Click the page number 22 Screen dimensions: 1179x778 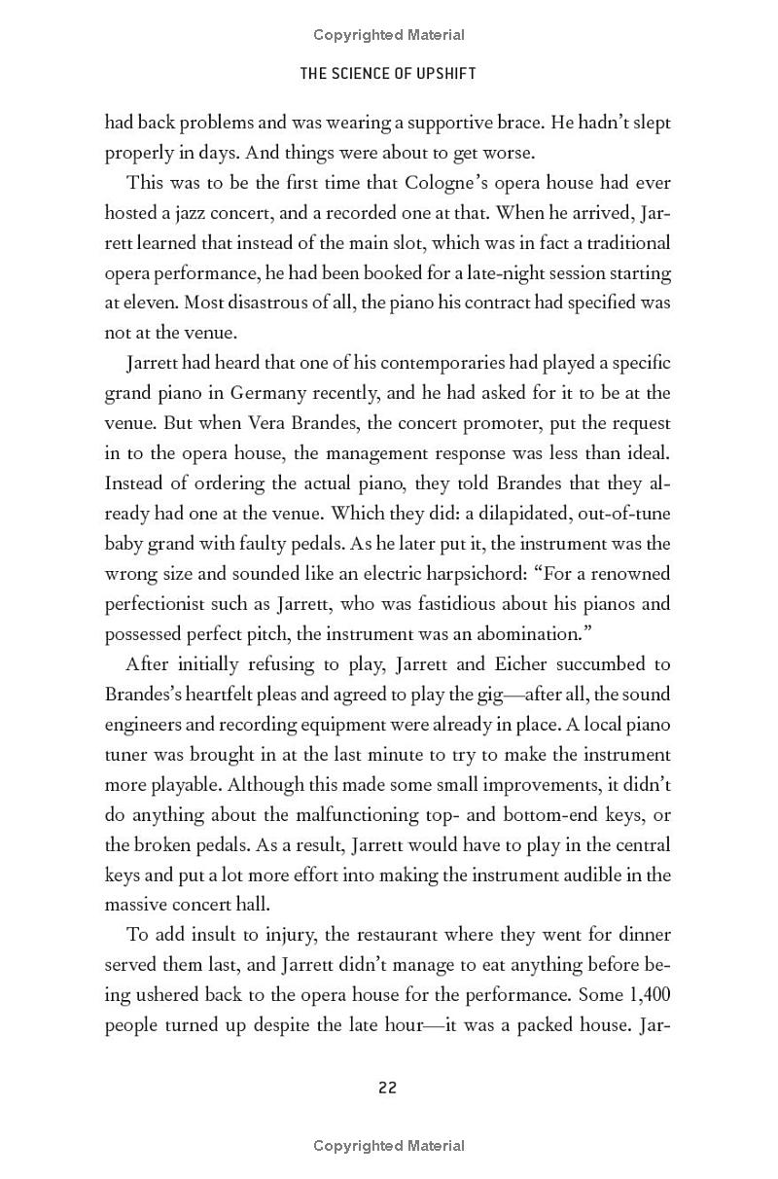coord(387,1088)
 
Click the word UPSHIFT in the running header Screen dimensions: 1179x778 coord(442,73)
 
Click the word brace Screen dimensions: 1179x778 coord(515,123)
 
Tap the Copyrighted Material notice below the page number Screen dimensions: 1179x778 coord(389,1146)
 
